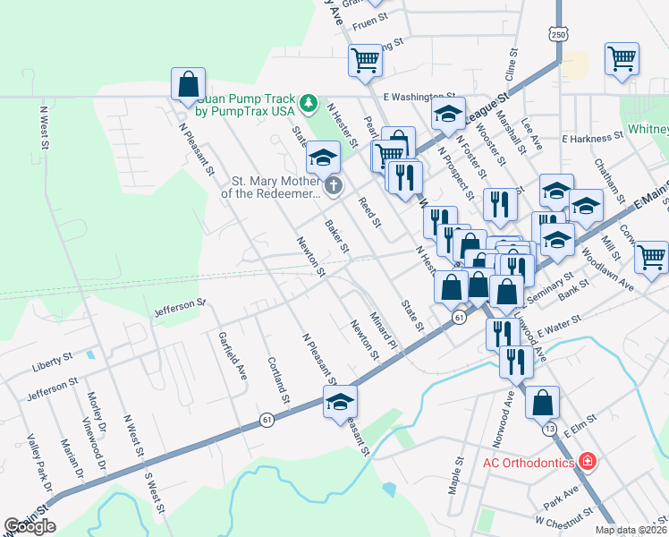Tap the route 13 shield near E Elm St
549,430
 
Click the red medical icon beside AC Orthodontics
588,462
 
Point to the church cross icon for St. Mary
333,186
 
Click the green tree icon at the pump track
308,104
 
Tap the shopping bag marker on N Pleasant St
189,86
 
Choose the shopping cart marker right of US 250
622,59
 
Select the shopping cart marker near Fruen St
365,61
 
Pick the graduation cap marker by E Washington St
448,114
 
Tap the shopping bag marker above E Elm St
543,403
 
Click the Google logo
30,526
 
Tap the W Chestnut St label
564,516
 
